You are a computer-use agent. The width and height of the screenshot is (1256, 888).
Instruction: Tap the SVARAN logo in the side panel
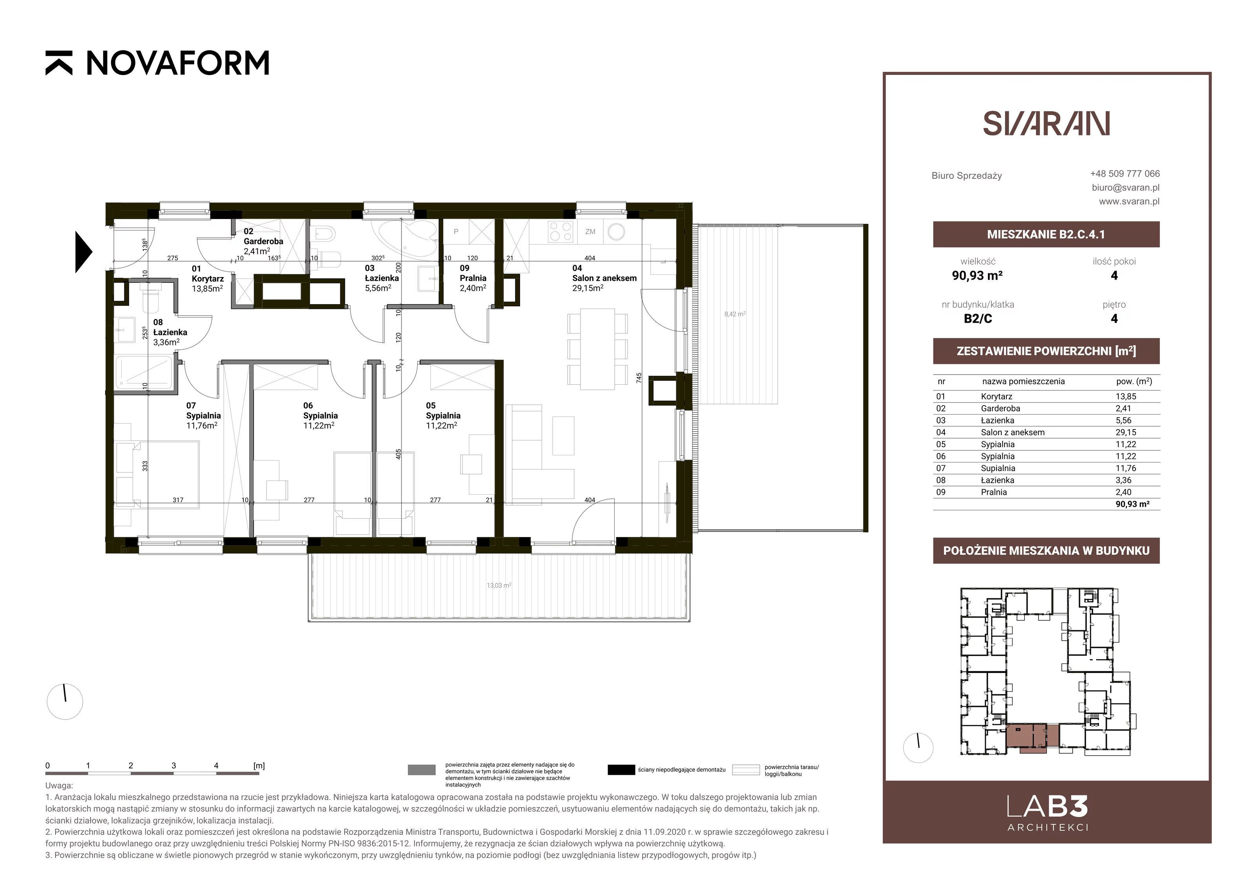(1046, 124)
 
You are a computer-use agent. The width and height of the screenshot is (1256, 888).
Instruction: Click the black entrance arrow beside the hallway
(84, 252)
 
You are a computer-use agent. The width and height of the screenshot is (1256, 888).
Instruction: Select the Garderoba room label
(263, 241)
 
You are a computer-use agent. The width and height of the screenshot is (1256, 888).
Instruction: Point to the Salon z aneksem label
(604, 278)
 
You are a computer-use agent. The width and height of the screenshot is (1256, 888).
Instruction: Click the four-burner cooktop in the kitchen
(561, 232)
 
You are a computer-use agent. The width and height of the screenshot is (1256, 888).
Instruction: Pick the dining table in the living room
(597, 349)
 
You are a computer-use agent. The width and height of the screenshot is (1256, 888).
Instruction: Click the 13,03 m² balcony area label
(499, 585)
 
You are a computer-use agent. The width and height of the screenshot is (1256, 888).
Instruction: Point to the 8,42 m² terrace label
(735, 314)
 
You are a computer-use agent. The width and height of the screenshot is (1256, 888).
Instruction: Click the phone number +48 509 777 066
(1125, 174)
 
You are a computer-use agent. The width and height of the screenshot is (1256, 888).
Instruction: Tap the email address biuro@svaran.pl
(1125, 187)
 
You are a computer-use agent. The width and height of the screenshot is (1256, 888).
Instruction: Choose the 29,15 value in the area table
(1126, 432)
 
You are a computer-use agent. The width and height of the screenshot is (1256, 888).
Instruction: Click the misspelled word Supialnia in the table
(998, 468)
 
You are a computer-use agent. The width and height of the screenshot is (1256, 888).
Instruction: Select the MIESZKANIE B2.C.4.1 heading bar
(1046, 234)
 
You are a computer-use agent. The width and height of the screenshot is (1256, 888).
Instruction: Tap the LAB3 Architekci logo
(1047, 813)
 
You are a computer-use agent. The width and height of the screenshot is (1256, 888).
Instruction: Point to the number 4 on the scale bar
(216, 766)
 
